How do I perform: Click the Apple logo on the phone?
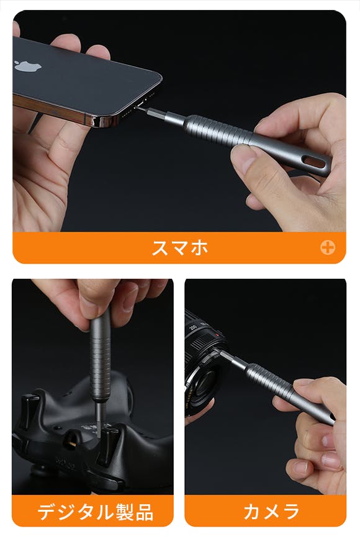point(28,66)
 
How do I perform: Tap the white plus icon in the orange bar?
point(328,247)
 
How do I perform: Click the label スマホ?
point(179,248)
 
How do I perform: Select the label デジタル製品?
point(95,512)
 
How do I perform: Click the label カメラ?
point(272,512)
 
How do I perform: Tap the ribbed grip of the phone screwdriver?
point(215,130)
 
